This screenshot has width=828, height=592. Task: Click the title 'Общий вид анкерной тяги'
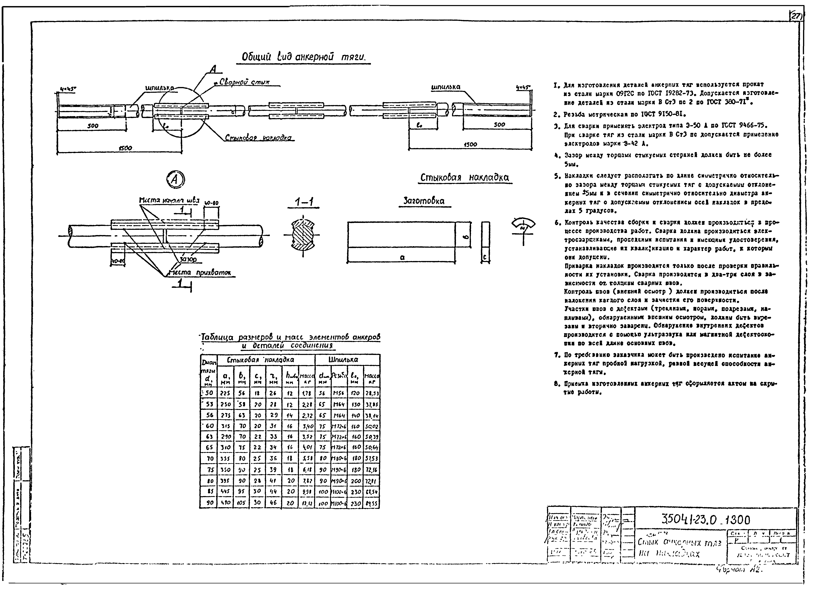coord(303,57)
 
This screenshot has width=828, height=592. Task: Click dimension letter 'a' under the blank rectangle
coord(402,257)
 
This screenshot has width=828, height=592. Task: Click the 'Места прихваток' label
coord(200,273)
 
